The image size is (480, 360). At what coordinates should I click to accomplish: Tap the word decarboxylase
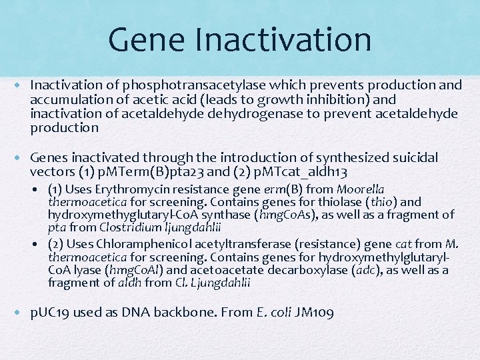click(x=309, y=270)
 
